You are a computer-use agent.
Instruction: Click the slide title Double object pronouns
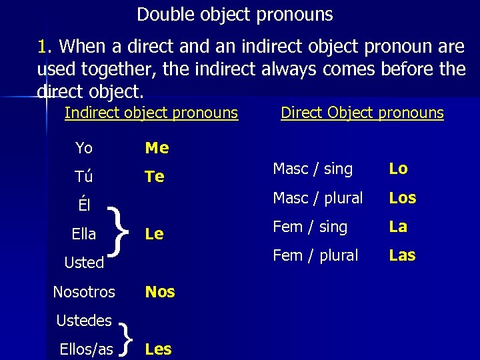click(x=235, y=14)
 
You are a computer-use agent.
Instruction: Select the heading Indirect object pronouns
click(x=151, y=113)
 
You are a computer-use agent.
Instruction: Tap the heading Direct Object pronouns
click(x=362, y=113)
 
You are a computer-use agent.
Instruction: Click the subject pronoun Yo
click(x=84, y=147)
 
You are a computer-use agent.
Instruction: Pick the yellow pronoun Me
click(x=157, y=147)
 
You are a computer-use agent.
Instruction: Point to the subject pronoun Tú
click(x=84, y=177)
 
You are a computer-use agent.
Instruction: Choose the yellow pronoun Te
click(x=155, y=177)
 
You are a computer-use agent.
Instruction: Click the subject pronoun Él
click(x=84, y=205)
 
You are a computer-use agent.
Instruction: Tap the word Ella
click(x=84, y=234)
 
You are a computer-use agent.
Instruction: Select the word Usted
click(x=84, y=263)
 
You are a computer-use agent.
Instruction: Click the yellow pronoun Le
click(x=154, y=234)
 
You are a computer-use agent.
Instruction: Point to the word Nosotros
click(x=84, y=291)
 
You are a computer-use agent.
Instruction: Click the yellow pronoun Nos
click(x=160, y=291)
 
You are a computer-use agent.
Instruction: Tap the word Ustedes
click(x=84, y=321)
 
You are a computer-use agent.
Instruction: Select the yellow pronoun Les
click(x=158, y=349)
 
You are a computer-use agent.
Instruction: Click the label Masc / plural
click(x=318, y=198)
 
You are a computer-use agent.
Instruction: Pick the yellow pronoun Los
click(x=403, y=198)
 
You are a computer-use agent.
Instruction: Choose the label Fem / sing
click(x=310, y=227)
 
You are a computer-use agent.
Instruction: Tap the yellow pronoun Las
click(x=402, y=255)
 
